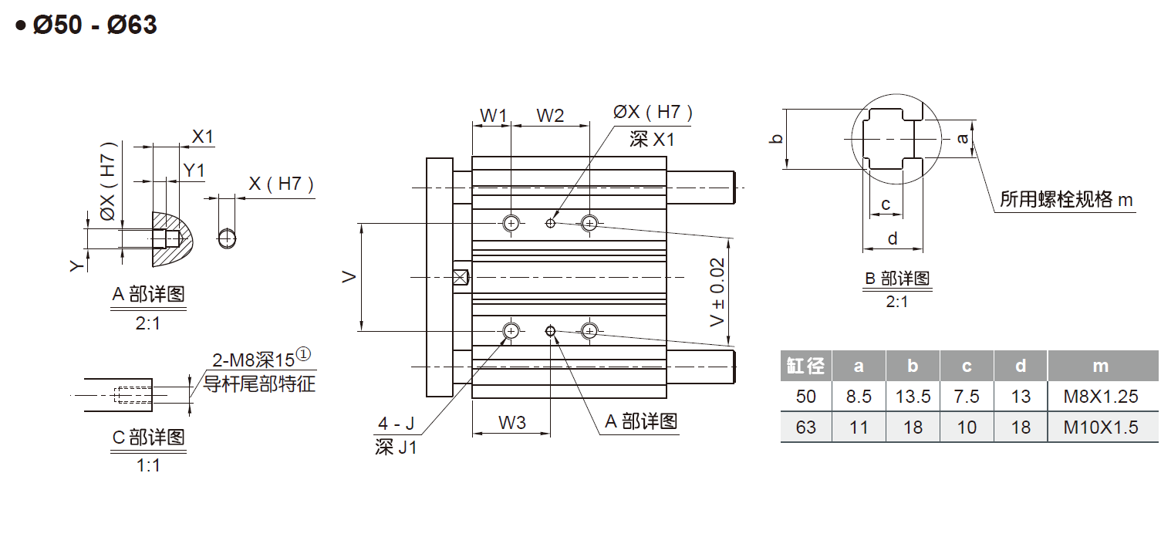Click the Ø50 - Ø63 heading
95,25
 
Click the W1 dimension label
493,116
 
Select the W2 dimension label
550,116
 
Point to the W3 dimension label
511,422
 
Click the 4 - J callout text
396,424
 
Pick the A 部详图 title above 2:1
148,294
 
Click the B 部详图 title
896,279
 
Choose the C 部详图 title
148,438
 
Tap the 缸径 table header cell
805,366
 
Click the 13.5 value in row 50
913,397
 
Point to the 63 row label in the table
805,427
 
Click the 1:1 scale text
147,465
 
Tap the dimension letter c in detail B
886,204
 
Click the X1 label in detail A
203,137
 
